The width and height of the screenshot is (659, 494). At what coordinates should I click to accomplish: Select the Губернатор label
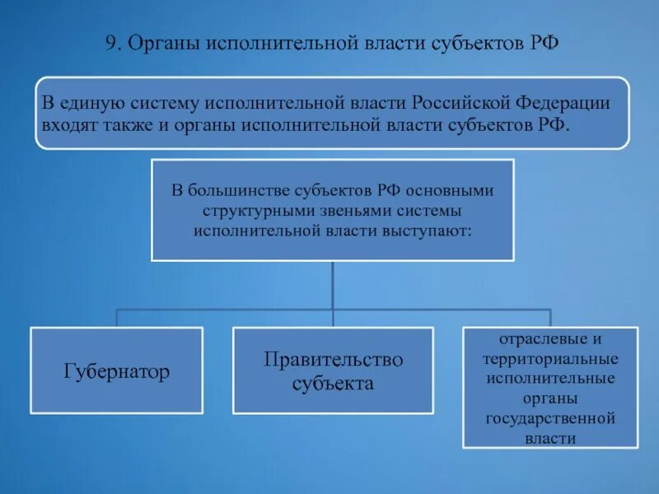[116, 372]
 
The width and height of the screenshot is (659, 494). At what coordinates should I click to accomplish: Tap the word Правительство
[333, 360]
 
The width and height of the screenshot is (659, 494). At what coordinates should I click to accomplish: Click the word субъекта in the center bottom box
[333, 383]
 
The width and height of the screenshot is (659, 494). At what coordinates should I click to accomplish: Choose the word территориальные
[551, 359]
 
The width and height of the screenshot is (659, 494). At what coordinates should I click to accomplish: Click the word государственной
[551, 418]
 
